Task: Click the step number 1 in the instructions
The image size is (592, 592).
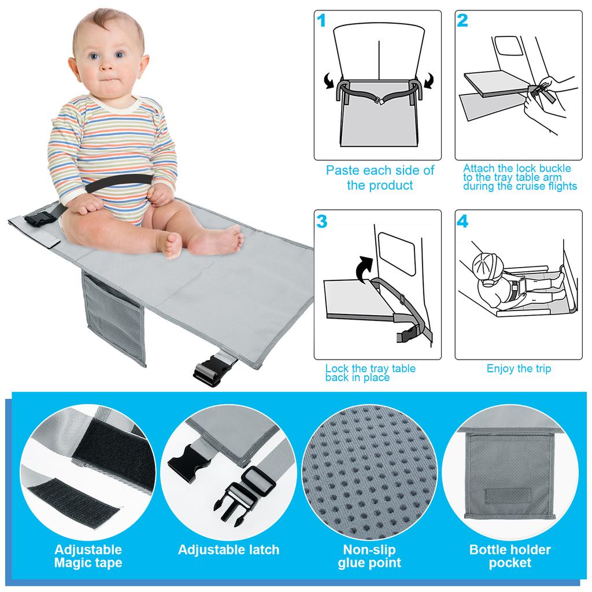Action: (322, 21)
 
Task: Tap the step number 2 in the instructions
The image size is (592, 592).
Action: (462, 21)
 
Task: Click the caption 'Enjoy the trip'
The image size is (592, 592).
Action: (519, 369)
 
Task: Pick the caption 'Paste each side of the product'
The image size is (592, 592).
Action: (380, 178)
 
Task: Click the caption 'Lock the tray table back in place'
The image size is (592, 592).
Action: (370, 373)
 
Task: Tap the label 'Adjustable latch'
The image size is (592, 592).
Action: (228, 550)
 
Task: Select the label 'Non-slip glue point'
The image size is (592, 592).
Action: (369, 556)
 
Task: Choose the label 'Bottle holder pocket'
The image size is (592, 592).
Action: (510, 556)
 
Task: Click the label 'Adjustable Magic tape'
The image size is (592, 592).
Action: (88, 556)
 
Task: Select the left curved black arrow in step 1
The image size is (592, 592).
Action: (330, 82)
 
